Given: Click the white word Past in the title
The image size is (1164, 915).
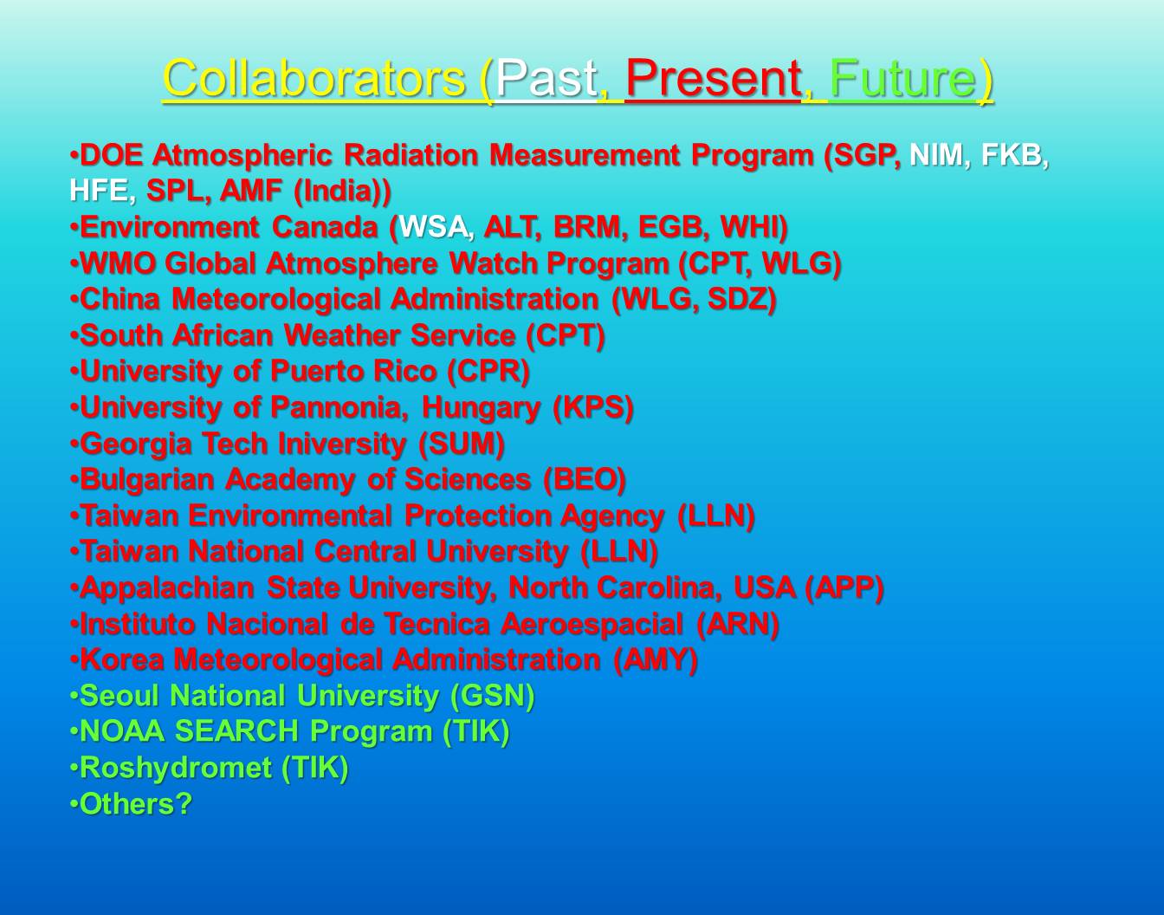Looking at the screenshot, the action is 546,79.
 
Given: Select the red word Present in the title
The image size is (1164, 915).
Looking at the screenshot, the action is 714,79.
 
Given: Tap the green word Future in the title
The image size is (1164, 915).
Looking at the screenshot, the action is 902,79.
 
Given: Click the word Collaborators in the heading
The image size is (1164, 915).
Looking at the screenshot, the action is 314,79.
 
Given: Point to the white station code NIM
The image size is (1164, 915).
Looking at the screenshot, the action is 937,155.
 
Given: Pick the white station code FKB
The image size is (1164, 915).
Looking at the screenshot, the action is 1012,155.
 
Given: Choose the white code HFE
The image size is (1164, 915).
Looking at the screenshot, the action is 99,191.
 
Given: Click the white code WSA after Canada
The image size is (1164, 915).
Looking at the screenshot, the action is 435,227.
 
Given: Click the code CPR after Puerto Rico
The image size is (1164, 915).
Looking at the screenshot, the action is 488,371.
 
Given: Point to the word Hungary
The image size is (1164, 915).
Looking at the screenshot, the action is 481,408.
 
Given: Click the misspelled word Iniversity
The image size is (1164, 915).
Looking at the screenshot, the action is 342,445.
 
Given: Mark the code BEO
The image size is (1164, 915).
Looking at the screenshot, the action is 585,479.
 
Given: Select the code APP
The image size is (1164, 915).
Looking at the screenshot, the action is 844,587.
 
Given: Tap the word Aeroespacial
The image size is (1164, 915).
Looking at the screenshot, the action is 592,625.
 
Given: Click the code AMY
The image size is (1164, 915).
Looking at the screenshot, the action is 655,660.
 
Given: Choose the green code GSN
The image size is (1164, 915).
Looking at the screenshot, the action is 492,696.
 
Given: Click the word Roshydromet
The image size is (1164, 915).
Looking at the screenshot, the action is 176,769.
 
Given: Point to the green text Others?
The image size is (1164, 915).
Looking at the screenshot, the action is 135,804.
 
